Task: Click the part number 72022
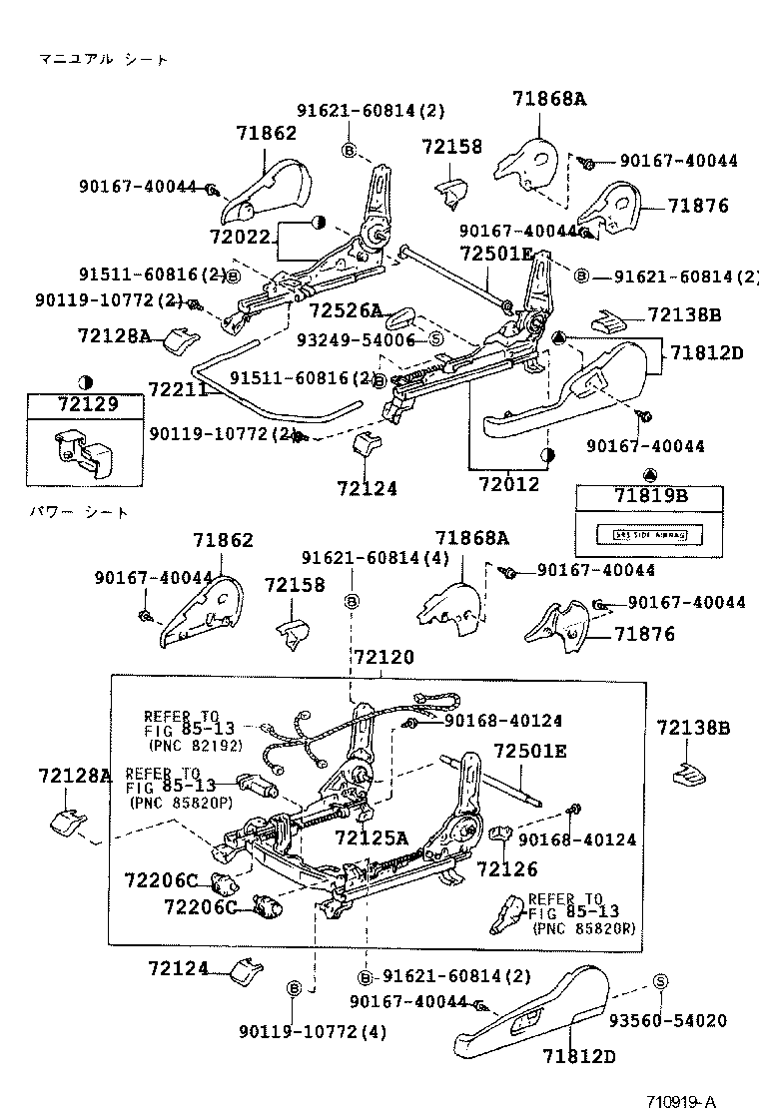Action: pyautogui.click(x=241, y=238)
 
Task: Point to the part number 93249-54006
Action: pyautogui.click(x=355, y=339)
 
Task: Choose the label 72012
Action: pyautogui.click(x=508, y=484)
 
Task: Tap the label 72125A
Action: pyautogui.click(x=372, y=836)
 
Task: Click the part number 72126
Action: pyautogui.click(x=507, y=869)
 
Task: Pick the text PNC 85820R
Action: pyautogui.click(x=584, y=928)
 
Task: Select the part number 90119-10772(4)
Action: pyautogui.click(x=313, y=1030)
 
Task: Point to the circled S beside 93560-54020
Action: pyautogui.click(x=660, y=982)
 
